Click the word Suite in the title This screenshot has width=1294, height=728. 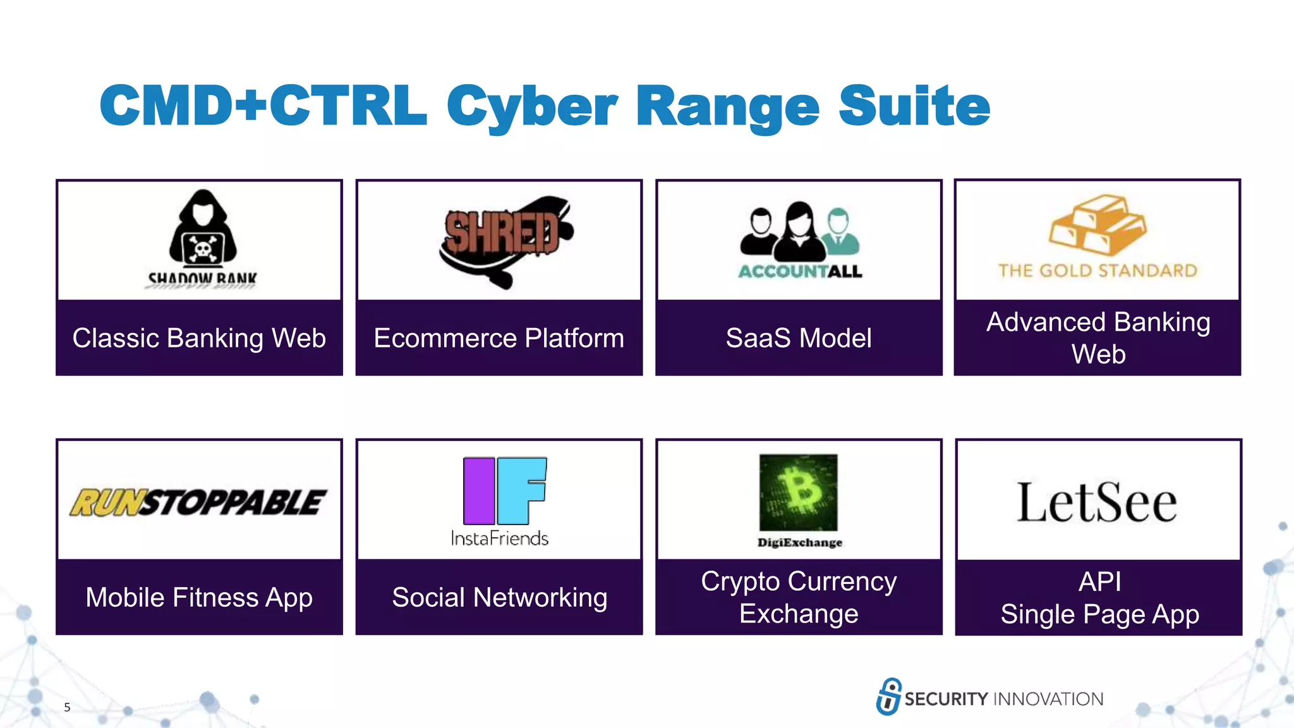(914, 106)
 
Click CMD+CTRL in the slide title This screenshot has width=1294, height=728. (263, 106)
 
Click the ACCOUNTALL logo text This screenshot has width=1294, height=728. (800, 272)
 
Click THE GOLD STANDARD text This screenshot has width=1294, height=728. (1097, 271)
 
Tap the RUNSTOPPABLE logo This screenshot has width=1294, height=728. (198, 503)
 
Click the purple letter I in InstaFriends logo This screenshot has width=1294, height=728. (479, 491)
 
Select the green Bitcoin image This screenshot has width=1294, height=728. (799, 492)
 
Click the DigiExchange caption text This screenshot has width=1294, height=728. (799, 543)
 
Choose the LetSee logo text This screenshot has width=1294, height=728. (1097, 503)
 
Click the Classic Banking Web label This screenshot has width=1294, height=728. (199, 338)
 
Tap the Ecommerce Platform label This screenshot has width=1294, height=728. (499, 338)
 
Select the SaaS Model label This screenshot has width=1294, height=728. (799, 338)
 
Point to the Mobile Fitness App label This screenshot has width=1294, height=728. (199, 597)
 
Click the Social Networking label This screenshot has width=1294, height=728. (499, 597)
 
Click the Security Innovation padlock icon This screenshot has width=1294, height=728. (888, 696)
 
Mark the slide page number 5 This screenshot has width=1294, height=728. (67, 707)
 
